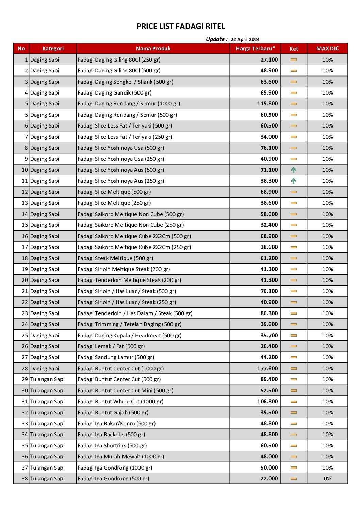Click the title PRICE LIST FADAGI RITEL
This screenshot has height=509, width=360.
(x=181, y=27)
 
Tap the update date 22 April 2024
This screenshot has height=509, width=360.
(x=245, y=39)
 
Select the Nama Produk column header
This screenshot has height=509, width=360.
(x=153, y=49)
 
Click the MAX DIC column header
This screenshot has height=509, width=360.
(x=327, y=49)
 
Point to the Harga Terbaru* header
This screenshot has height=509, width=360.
(x=255, y=49)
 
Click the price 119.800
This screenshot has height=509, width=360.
(x=267, y=104)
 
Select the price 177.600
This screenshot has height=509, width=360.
(x=267, y=369)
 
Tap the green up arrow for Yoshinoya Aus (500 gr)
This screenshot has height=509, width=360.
(x=294, y=170)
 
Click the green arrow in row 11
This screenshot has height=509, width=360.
(x=294, y=181)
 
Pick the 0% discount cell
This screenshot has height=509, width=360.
(x=327, y=479)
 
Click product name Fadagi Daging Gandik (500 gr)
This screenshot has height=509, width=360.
(x=115, y=93)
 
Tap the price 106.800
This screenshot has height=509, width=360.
(x=267, y=402)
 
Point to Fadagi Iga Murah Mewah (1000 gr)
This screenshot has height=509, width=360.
(x=121, y=457)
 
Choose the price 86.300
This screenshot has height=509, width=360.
(x=269, y=313)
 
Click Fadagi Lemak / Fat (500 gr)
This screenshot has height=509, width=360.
(x=111, y=346)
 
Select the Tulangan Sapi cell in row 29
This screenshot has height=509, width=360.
(x=47, y=379)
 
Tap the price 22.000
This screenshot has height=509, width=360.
(x=269, y=479)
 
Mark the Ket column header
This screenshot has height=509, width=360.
(x=294, y=49)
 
